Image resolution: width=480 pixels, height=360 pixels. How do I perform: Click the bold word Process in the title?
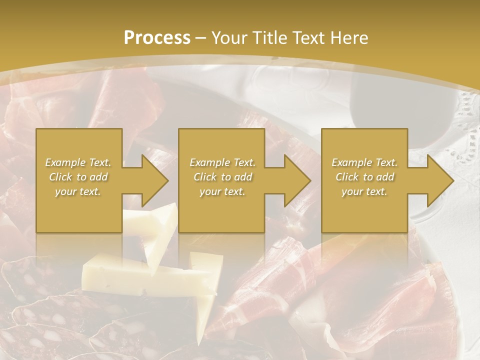tap(157, 38)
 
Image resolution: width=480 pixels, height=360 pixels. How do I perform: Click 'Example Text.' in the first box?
tap(78, 162)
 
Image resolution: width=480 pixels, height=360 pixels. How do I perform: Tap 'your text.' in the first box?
tap(78, 191)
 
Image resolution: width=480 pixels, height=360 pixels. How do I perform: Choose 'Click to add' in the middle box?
tap(222, 177)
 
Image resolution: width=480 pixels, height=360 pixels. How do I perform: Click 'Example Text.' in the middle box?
tap(222, 162)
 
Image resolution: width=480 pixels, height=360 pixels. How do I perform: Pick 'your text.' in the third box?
tap(364, 191)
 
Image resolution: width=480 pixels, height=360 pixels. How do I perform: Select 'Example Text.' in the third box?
tap(364, 162)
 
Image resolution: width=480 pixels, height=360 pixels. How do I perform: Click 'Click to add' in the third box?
tap(364, 177)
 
